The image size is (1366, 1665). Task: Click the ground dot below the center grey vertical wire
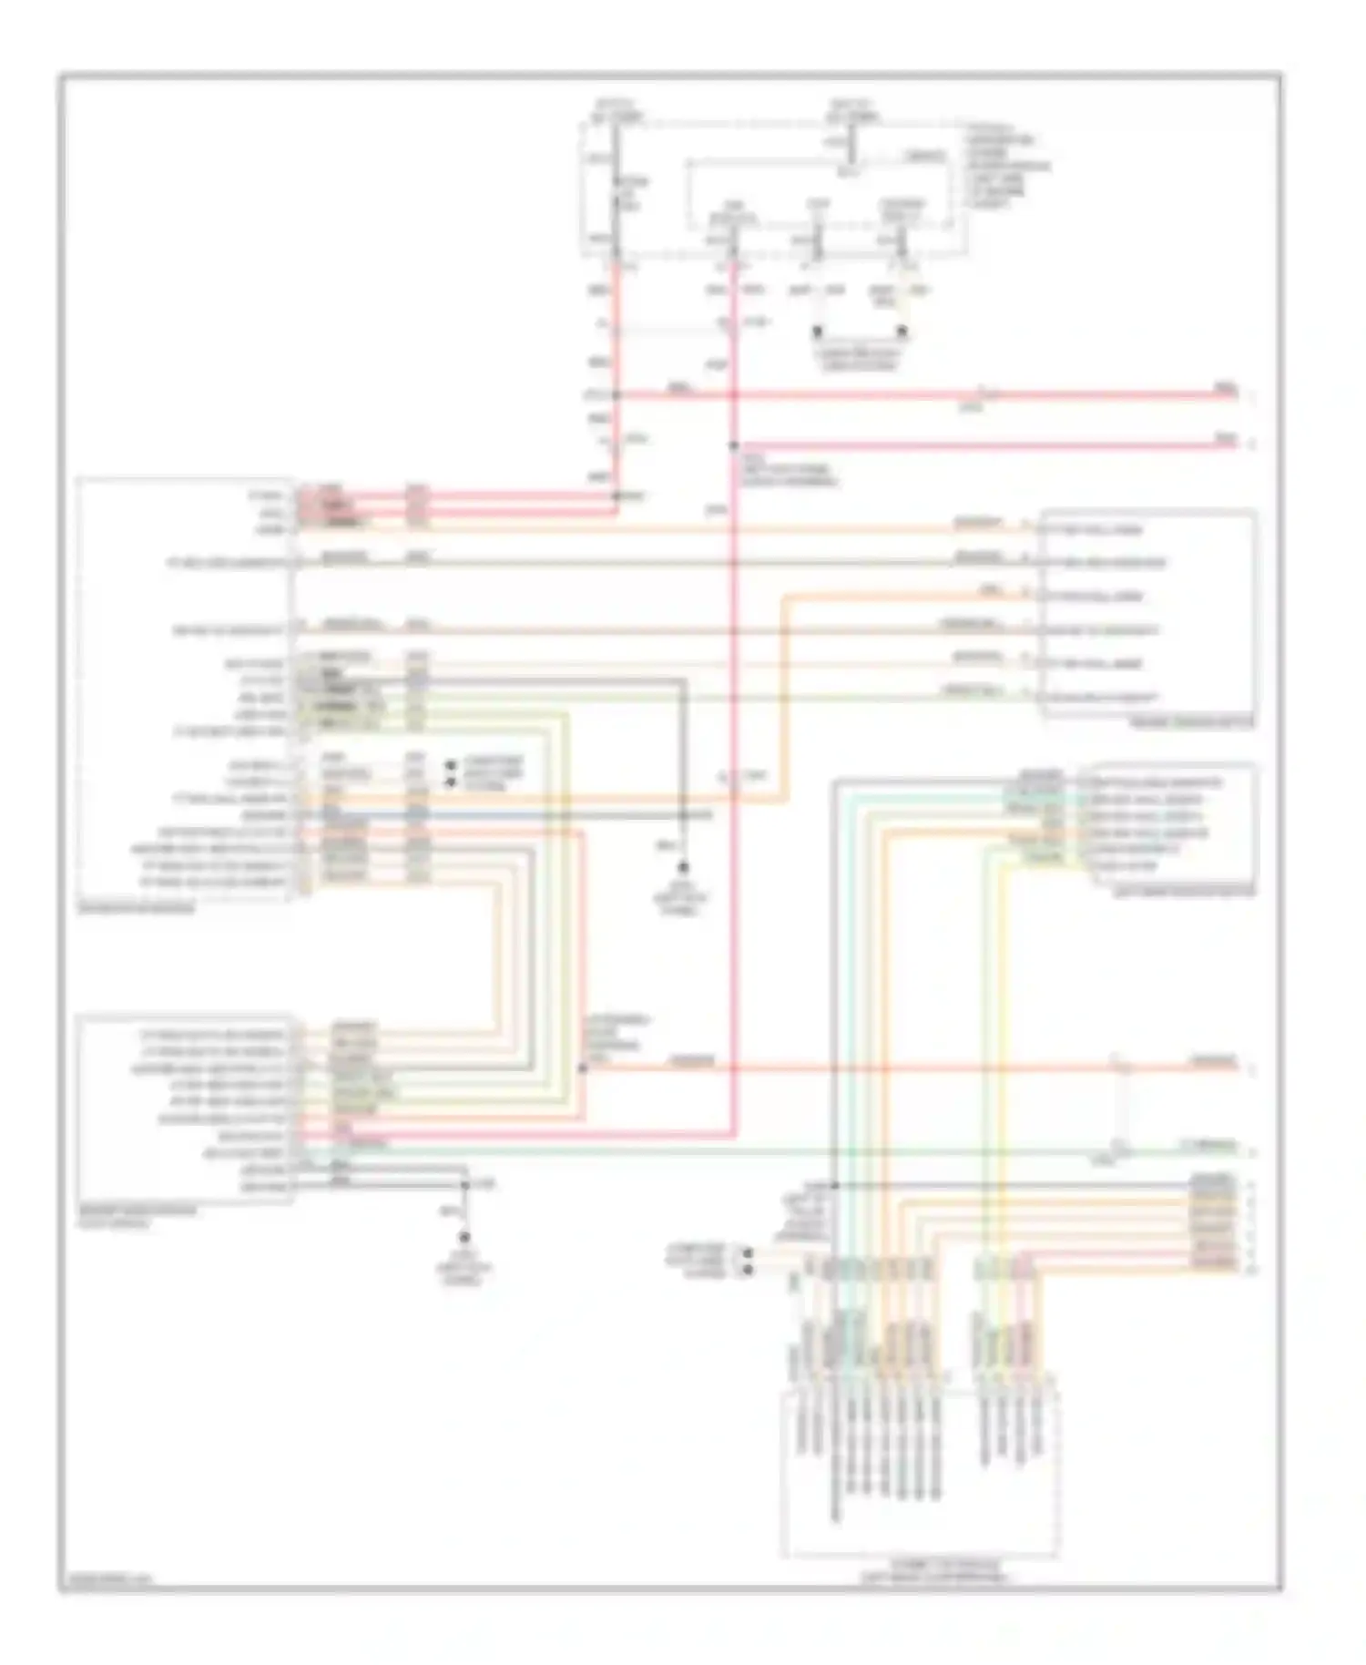coord(682,868)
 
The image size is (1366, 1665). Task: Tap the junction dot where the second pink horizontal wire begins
coord(734,445)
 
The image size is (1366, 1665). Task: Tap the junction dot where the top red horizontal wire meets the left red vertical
coord(617,395)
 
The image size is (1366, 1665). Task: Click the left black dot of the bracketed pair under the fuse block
coord(818,331)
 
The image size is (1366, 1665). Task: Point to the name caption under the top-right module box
coord(1191,723)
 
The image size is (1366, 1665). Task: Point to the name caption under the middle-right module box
coord(1184,891)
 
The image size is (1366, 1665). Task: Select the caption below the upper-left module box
coord(137,908)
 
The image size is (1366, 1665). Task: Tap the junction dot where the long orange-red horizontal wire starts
coord(583,1067)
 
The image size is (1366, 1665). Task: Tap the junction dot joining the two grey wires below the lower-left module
coord(464,1185)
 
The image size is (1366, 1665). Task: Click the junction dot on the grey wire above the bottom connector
coord(834,1186)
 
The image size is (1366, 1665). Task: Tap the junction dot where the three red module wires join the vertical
coord(617,496)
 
